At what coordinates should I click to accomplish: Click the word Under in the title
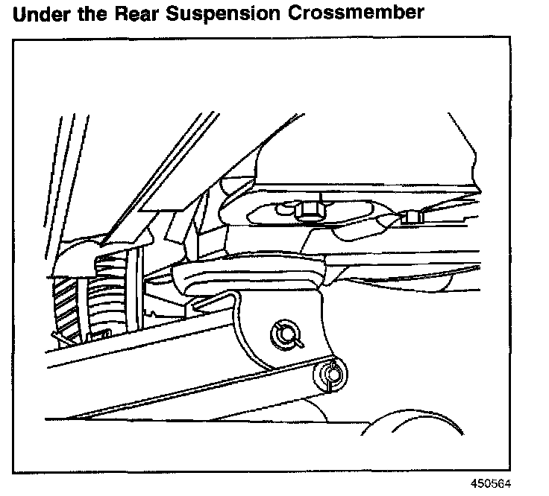(43, 14)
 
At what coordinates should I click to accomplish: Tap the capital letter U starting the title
(20, 14)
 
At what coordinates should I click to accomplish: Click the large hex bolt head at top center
(307, 212)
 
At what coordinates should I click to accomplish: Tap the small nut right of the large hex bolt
(410, 217)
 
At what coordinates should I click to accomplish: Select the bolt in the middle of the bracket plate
(284, 334)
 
